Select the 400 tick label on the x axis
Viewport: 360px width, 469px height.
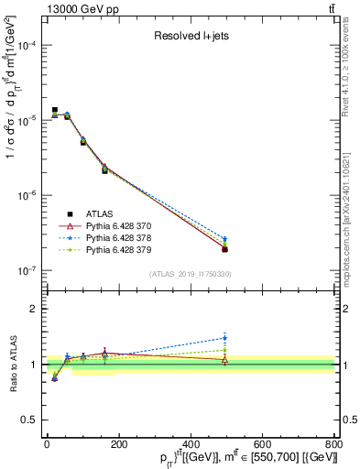[x=191, y=444]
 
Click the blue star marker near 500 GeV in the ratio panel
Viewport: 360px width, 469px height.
[x=225, y=338]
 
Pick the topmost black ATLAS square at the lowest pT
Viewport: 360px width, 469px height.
[x=55, y=110]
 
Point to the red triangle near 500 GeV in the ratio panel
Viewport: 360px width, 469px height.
[x=225, y=359]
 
